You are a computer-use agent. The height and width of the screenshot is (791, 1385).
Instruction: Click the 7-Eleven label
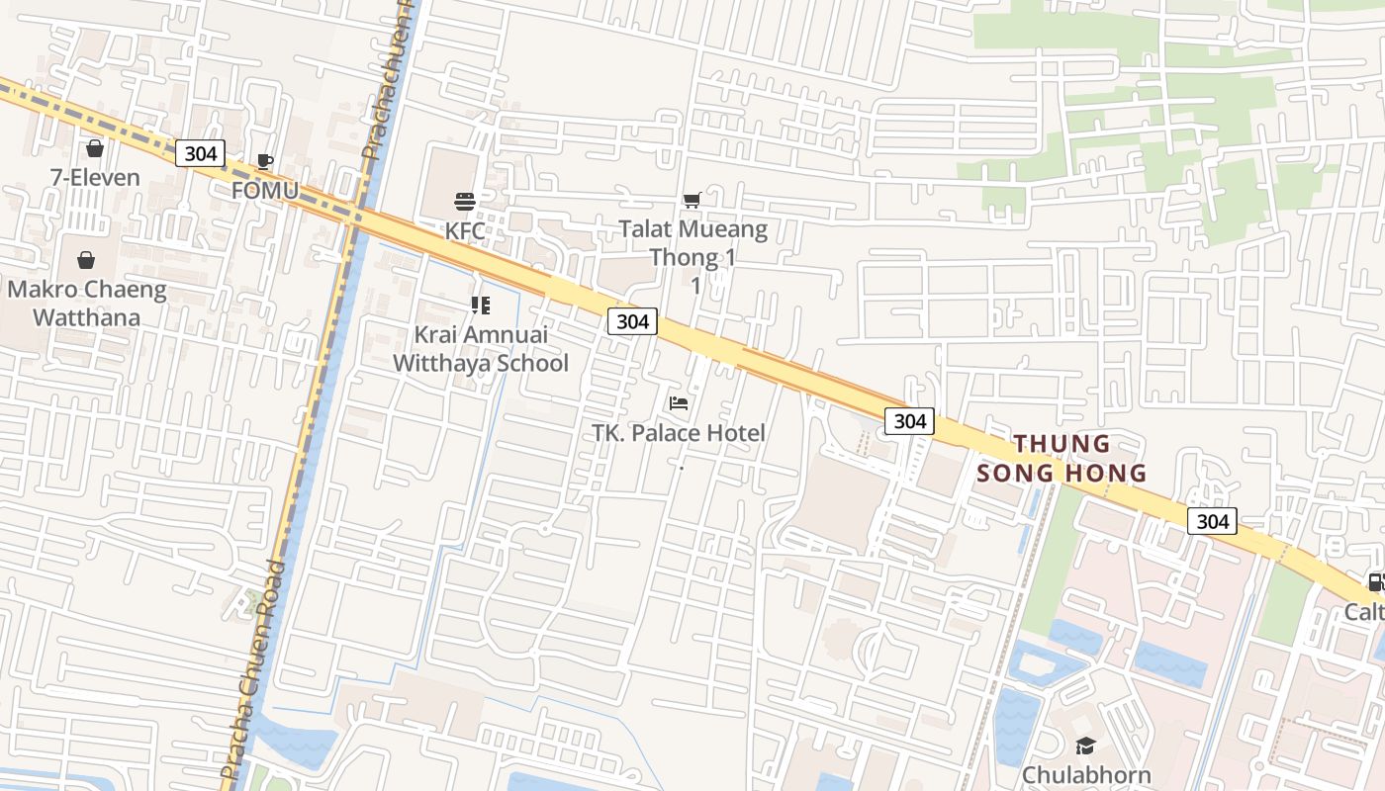point(95,178)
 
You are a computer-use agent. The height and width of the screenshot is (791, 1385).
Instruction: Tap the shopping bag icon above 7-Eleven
point(95,149)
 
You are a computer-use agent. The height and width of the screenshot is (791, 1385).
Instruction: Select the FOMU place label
point(264,190)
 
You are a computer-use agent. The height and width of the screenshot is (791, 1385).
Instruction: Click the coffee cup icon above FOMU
point(264,161)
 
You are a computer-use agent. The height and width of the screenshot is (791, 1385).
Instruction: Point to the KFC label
point(465,230)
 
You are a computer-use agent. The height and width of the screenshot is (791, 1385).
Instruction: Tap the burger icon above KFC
point(465,202)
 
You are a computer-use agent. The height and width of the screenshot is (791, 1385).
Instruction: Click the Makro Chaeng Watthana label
point(87,304)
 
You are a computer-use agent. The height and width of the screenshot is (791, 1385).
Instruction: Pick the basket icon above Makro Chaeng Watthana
point(86,261)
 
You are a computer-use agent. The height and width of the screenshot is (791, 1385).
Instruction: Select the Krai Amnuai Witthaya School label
point(481,349)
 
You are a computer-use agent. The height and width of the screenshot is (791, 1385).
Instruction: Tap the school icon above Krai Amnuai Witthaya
point(481,306)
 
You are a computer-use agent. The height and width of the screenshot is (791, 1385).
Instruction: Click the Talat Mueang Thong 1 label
point(693,244)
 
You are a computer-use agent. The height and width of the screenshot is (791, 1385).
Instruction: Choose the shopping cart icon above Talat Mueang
point(692,201)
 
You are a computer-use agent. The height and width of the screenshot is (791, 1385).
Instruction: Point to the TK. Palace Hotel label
point(679,433)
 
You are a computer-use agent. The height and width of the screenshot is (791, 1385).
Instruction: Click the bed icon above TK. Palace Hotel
point(679,403)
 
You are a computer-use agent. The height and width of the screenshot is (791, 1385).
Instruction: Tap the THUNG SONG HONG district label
point(1062,458)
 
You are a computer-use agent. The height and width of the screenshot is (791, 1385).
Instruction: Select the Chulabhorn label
point(1086,775)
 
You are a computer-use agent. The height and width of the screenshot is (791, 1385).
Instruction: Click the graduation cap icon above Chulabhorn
point(1086,746)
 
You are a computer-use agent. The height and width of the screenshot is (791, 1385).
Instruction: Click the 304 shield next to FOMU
point(201,153)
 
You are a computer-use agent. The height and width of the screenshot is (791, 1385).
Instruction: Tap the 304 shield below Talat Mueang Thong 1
point(632,320)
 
